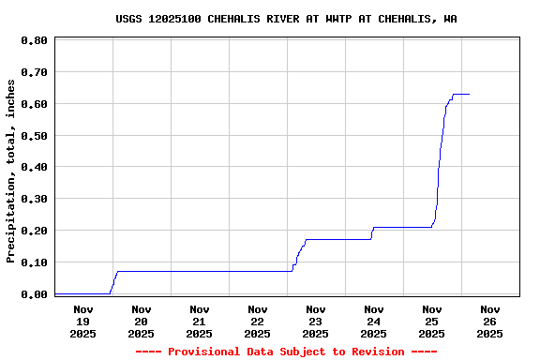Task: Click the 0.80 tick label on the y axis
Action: [34, 40]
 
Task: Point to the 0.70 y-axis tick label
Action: [34, 72]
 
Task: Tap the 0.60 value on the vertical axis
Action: [34, 104]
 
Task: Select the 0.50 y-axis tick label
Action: [34, 136]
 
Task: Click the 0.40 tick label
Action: [34, 167]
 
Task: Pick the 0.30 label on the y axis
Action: [34, 199]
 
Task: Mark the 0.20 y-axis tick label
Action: [34, 231]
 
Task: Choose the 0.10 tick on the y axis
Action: [34, 262]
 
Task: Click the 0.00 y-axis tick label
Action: [34, 294]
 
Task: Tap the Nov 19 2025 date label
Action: [82, 321]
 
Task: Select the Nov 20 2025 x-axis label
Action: [141, 321]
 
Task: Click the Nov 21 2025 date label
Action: [199, 321]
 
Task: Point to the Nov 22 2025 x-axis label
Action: [257, 321]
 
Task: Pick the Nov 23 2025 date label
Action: [315, 321]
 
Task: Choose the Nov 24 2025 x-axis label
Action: [373, 321]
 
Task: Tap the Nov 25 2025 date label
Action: [431, 321]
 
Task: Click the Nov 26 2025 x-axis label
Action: [489, 321]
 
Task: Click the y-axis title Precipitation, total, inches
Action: [10, 171]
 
